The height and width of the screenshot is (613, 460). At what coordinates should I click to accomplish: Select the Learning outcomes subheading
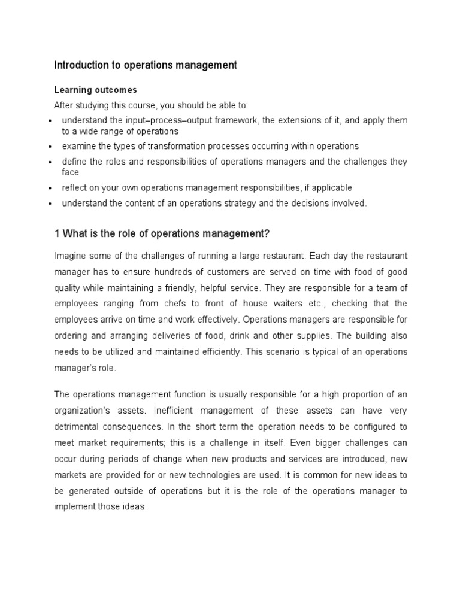coord(95,90)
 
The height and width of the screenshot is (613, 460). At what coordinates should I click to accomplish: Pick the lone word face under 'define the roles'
coord(71,172)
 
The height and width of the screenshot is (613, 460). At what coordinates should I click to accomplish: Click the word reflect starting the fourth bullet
coord(74,187)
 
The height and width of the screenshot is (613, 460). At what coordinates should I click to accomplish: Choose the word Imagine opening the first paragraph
coord(71,256)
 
